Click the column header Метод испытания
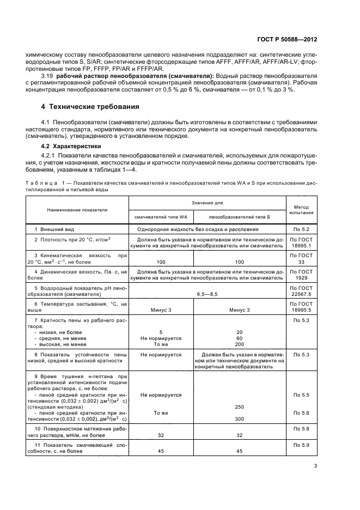(x=305, y=210)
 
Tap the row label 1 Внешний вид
(x=53, y=229)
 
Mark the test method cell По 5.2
(x=305, y=229)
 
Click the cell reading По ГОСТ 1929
(x=305, y=274)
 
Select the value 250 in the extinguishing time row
(x=239, y=406)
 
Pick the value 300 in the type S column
(x=239, y=418)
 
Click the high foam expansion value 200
(x=239, y=344)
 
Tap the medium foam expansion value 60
(x=239, y=338)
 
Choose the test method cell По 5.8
(x=305, y=429)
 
